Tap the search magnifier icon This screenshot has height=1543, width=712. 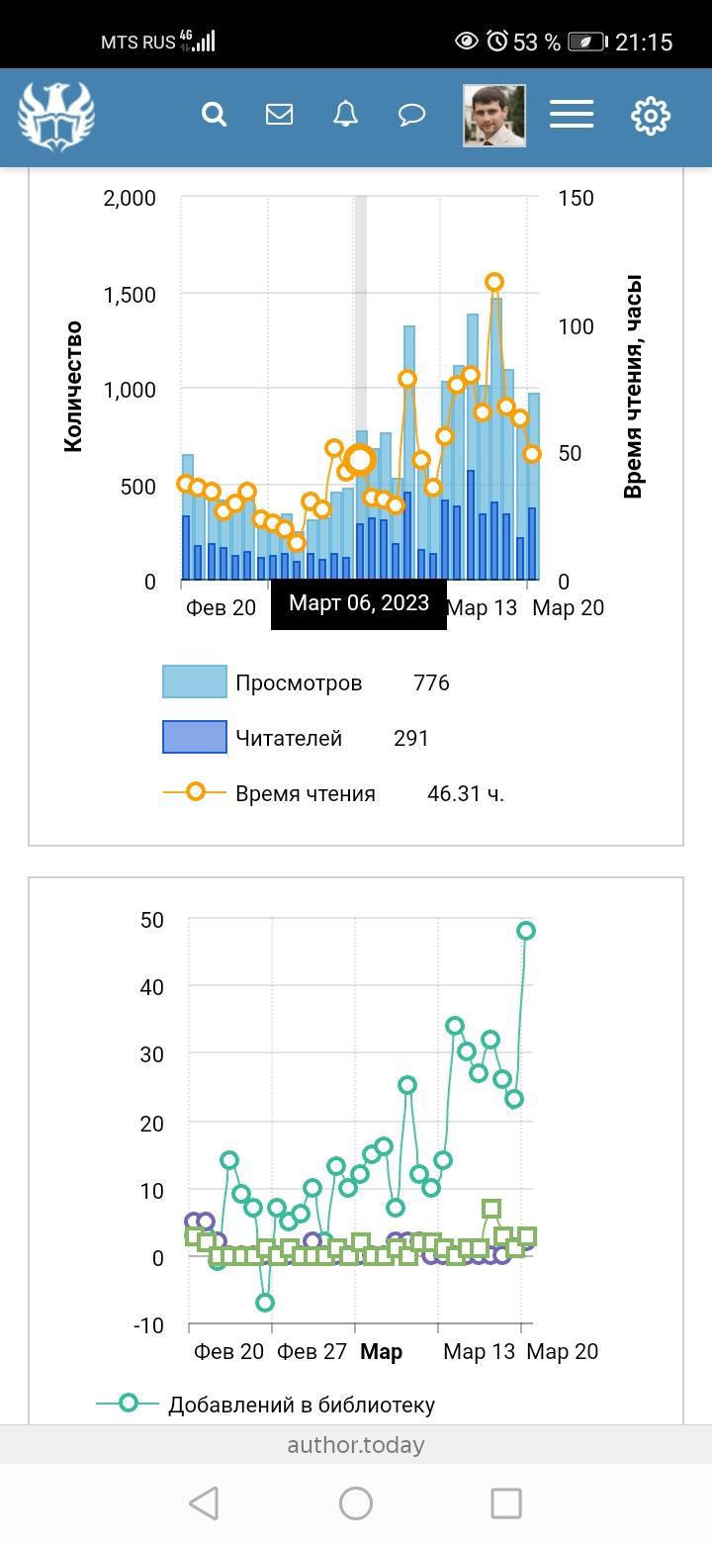click(214, 115)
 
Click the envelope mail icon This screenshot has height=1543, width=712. click(279, 115)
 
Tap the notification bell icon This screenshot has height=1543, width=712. click(345, 115)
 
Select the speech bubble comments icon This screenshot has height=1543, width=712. click(411, 115)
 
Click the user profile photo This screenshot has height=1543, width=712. click(493, 116)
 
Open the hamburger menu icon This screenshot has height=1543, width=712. click(572, 115)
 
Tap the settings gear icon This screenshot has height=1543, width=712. click(651, 116)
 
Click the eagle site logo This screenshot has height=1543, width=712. click(56, 116)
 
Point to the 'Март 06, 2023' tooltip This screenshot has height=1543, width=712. click(359, 603)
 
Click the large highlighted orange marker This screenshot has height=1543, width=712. click(360, 460)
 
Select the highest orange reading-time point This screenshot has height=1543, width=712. click(494, 282)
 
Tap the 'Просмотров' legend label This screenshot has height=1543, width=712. click(299, 683)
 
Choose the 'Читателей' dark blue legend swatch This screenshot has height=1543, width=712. click(195, 737)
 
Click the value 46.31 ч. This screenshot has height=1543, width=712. click(465, 793)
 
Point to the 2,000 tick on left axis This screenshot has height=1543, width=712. click(130, 198)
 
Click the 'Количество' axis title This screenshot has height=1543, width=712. click(73, 386)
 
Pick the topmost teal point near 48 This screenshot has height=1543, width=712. click(526, 931)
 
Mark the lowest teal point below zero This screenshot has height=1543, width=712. click(264, 1303)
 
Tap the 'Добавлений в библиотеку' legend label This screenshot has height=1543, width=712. click(301, 1405)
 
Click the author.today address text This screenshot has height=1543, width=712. click(356, 1445)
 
